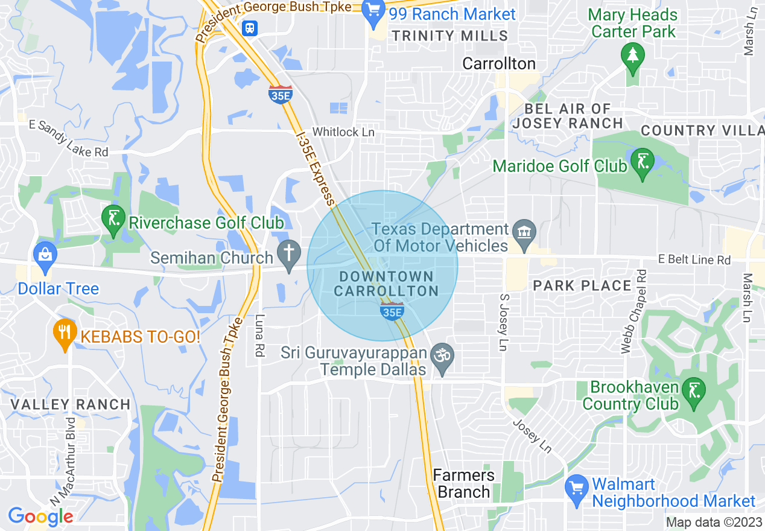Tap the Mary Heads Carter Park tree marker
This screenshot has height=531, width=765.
pos(632,56)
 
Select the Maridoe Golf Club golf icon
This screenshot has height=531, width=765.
pos(642,162)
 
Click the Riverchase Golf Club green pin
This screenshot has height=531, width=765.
pos(113,220)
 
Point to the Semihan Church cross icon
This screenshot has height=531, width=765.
pos(289,254)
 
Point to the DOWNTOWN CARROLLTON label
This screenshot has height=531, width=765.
pos(386,284)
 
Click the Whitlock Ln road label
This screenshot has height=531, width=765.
pos(344,132)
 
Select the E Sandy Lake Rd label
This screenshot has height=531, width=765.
pos(69,139)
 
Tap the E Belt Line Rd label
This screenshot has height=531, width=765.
pos(694,259)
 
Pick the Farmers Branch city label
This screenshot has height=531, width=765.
pos(463,483)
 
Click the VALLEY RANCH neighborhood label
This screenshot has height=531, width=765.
pos(71,404)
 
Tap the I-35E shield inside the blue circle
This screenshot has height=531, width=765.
pos(392,311)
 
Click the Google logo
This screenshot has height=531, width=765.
pos(40,517)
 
